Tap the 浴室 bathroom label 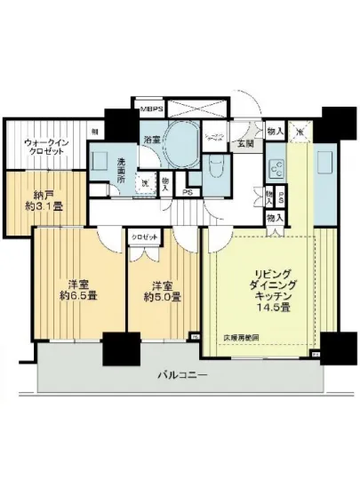point(152,139)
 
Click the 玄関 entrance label point(242,142)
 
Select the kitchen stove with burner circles point(276,167)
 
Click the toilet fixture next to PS point(213,167)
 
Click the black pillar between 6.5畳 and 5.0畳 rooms point(116,348)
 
